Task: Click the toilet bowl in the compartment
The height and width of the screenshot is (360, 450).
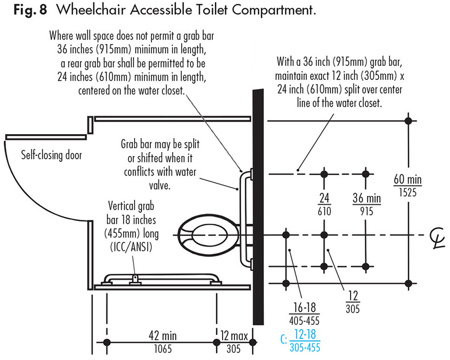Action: tap(208, 235)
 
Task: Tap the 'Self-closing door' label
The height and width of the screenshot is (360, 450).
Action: tap(52, 155)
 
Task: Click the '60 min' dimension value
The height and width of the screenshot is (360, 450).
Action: tap(408, 179)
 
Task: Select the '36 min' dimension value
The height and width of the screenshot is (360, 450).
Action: tap(366, 198)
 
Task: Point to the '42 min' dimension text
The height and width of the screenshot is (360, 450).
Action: tap(163, 336)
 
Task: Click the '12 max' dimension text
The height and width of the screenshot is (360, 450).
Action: tap(234, 336)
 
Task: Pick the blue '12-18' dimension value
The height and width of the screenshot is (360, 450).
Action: tap(305, 334)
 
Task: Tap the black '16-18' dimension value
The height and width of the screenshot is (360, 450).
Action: tap(305, 308)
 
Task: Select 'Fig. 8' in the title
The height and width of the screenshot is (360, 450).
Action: tap(30, 10)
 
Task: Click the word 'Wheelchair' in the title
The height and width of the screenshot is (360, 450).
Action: tap(91, 10)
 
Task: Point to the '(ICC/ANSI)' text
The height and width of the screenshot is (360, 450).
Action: tap(131, 247)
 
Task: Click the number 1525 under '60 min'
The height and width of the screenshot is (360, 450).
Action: tap(408, 192)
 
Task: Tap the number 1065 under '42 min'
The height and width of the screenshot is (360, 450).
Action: tap(163, 349)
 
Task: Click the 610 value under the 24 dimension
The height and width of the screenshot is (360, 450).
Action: tap(324, 211)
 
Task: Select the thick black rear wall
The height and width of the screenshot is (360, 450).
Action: tap(258, 207)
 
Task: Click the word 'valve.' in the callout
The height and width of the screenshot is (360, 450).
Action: tap(160, 185)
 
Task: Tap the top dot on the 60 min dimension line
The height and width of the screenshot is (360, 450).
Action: tap(408, 121)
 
